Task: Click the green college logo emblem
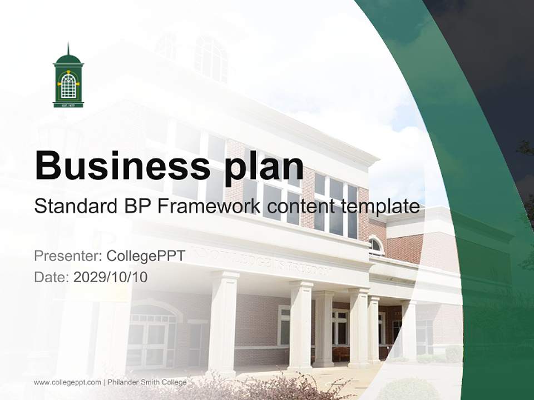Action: point(68,78)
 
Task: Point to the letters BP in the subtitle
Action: point(136,207)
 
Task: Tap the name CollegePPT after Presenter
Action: point(145,256)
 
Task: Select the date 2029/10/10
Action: point(110,277)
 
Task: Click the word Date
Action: point(51,277)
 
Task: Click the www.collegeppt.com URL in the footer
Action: point(67,382)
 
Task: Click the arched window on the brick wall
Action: point(376,245)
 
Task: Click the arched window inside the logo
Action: point(68,86)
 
